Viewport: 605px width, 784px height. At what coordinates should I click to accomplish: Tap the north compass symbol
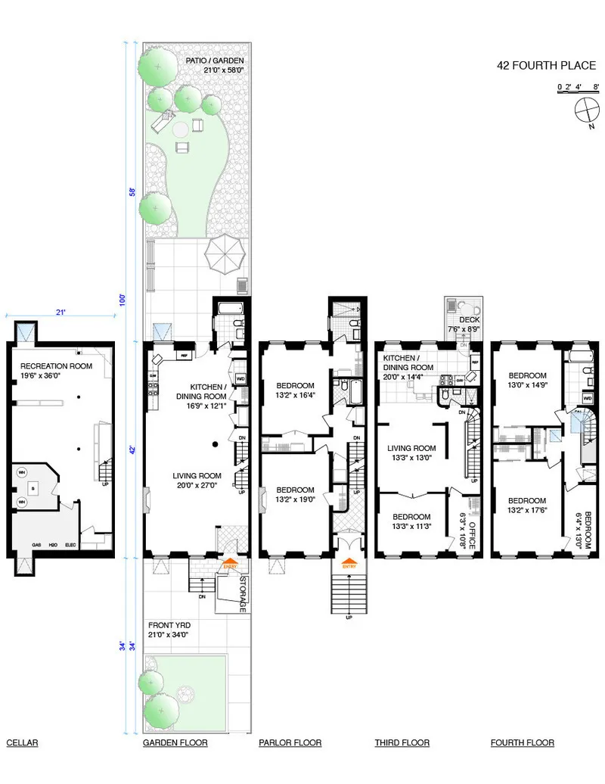pos(586,114)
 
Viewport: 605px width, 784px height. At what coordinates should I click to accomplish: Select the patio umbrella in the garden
pos(226,255)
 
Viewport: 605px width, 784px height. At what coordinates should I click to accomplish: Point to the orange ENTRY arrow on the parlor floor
pos(349,565)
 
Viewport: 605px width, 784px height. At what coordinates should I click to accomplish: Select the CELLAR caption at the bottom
pos(22,743)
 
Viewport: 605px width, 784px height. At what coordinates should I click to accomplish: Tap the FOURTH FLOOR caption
pos(522,743)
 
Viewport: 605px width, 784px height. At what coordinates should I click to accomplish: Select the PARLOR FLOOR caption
pos(290,743)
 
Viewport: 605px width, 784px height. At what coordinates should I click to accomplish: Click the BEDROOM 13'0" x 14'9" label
pos(526,380)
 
